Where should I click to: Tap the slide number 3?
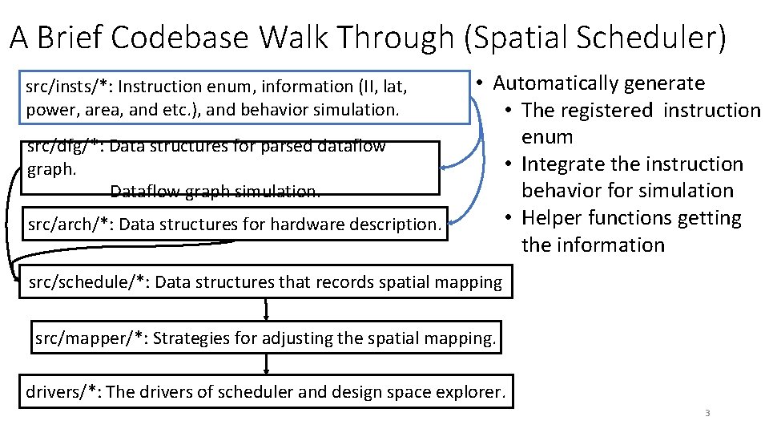707,413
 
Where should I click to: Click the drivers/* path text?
62,392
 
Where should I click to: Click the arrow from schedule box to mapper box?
266,309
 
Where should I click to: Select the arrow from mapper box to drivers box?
266,365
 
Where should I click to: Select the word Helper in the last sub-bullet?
551,218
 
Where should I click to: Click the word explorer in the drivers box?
474,392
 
